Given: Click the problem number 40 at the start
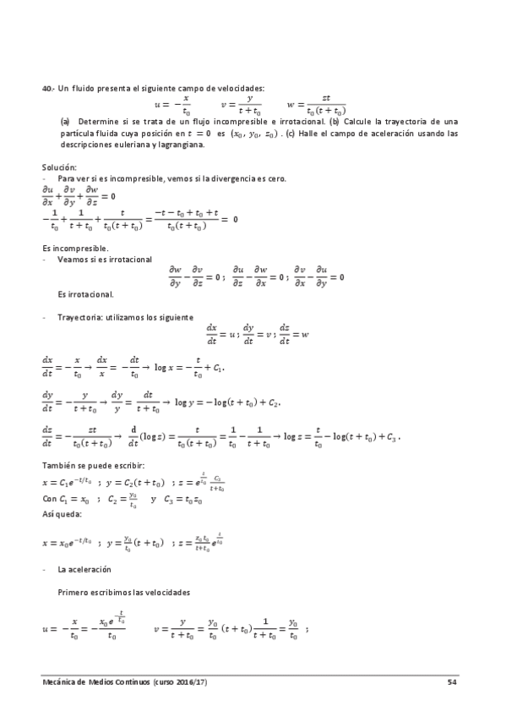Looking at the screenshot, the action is tap(47, 88).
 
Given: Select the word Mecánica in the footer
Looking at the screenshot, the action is tap(60, 681).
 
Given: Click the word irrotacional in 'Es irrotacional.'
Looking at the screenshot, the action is tap(89, 294).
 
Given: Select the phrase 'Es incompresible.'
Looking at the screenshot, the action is tap(74, 248).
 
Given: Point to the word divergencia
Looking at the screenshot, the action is tap(212, 178).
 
